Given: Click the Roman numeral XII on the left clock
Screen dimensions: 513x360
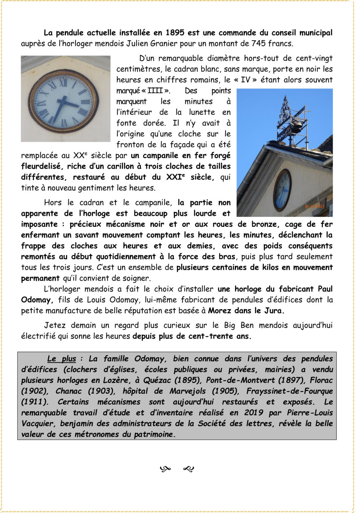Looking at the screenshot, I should pos(63,83).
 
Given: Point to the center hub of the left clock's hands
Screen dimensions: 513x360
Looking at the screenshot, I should pos(64,102).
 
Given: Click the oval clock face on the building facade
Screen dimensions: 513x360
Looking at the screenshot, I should pos(283,190).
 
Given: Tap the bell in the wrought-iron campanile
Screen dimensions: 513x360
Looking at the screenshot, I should pos(297,126).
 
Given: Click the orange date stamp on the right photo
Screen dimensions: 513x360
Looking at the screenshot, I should pos(315,206).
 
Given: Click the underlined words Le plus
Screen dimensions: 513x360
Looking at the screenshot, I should pos(62,359).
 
